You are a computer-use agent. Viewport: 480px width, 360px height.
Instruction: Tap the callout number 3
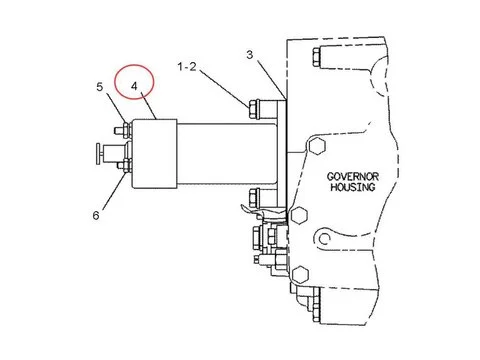pos(251,54)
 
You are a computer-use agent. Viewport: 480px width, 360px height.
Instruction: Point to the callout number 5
pos(101,88)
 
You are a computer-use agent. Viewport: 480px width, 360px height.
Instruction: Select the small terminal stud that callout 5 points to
pos(121,127)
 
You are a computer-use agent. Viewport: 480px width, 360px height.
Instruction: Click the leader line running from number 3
pos(268,78)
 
